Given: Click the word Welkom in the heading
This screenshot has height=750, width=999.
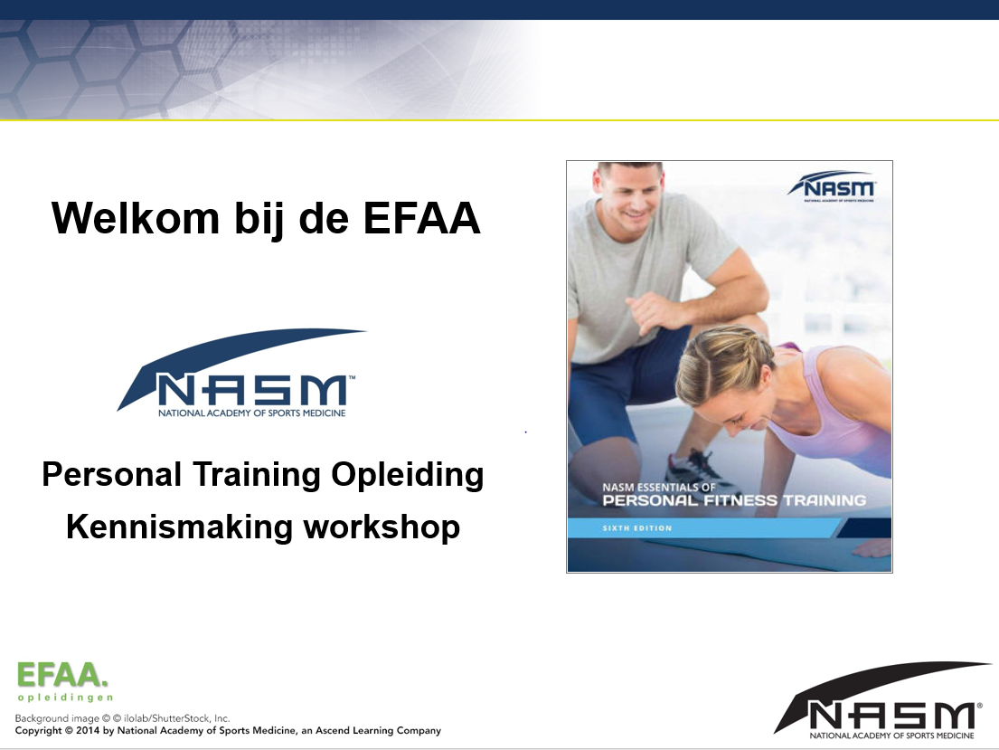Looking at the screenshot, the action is point(136,218).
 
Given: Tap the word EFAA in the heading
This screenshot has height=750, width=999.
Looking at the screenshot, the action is point(422,218).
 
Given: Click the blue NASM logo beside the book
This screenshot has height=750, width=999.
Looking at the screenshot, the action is point(241,374).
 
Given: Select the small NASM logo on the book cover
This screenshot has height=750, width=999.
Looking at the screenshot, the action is point(832,186).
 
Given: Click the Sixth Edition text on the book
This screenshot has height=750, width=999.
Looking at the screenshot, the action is point(637,528).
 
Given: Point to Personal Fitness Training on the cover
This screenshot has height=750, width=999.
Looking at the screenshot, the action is point(734,500).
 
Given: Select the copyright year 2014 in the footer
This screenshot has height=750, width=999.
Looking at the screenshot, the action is point(88,731).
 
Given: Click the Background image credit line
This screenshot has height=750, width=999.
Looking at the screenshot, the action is point(122,718).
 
